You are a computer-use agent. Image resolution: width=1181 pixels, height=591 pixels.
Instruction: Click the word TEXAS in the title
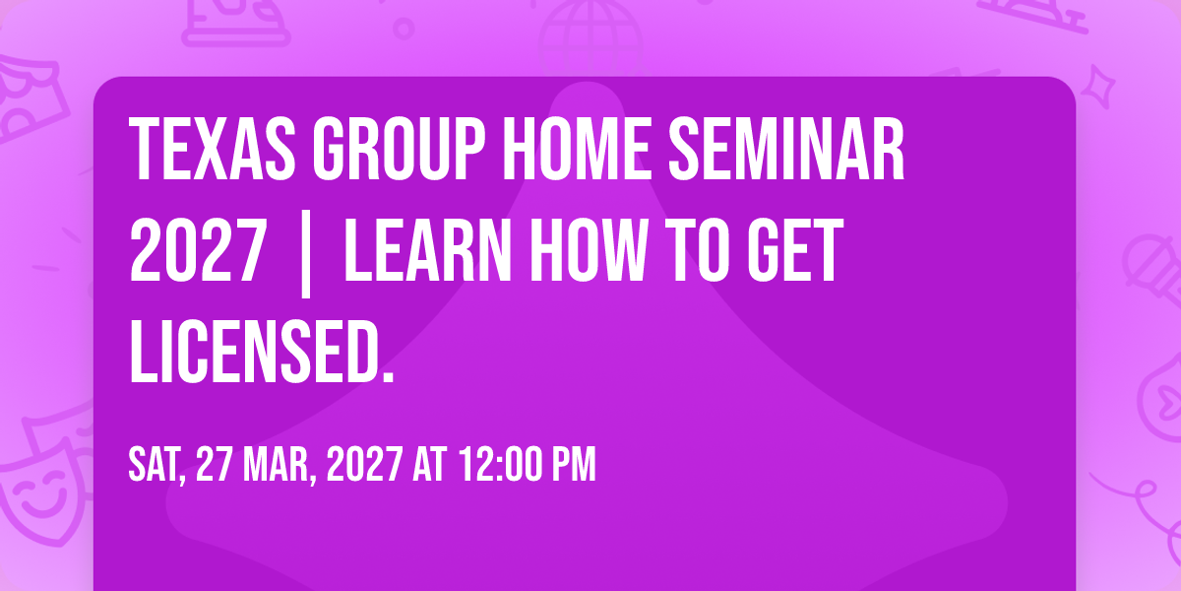(212, 149)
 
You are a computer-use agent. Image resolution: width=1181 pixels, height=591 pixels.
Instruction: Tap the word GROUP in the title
(399, 149)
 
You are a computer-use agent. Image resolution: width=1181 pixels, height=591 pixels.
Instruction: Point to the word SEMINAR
(786, 149)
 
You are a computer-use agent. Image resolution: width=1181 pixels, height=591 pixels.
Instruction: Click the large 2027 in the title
(198, 250)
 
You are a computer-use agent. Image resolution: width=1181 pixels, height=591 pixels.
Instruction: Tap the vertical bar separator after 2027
(305, 253)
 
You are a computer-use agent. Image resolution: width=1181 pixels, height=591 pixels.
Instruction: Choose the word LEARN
(427, 250)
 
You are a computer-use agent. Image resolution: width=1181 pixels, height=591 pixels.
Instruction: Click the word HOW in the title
(589, 250)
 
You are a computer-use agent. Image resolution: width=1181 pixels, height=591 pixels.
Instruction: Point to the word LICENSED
(262, 352)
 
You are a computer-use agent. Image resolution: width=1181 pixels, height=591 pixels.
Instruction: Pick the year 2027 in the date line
(364, 464)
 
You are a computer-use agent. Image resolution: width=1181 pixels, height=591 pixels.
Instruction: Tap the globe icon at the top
(590, 37)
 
